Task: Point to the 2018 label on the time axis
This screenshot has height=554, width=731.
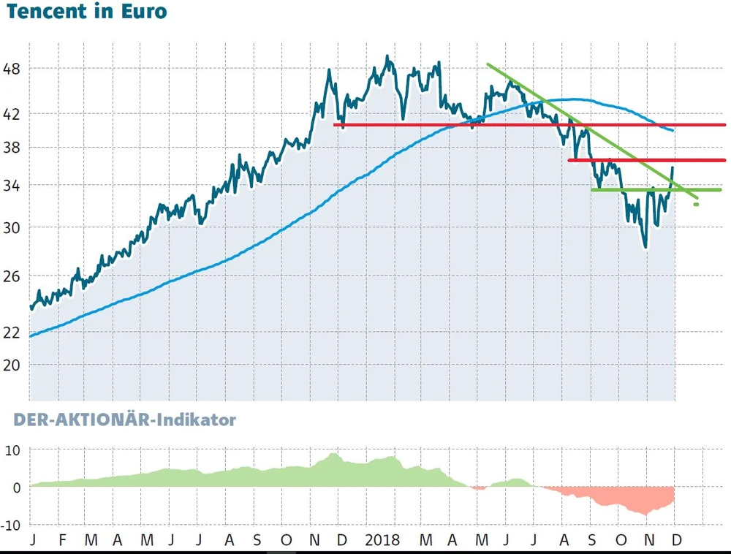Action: (x=382, y=540)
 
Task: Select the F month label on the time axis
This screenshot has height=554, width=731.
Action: (x=62, y=540)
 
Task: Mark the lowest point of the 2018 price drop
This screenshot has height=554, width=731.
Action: (x=645, y=248)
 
